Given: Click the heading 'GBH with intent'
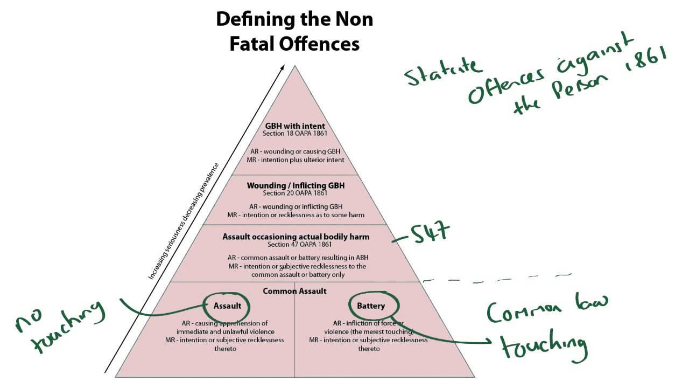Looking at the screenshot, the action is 295,126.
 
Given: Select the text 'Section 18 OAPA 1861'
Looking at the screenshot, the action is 294,134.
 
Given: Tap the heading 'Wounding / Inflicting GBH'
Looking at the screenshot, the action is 296,186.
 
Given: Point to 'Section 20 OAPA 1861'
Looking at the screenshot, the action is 295,193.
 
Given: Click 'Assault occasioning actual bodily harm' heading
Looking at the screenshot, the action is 296,237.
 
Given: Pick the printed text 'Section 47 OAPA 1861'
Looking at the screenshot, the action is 300,245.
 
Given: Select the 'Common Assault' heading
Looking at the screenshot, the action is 294,292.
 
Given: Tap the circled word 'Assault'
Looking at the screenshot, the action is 227,306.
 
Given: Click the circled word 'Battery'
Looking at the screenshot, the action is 371,306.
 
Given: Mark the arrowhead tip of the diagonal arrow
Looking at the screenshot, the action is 284,65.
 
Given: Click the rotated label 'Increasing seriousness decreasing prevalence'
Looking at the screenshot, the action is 184,221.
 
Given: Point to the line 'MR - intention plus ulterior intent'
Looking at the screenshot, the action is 296,160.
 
